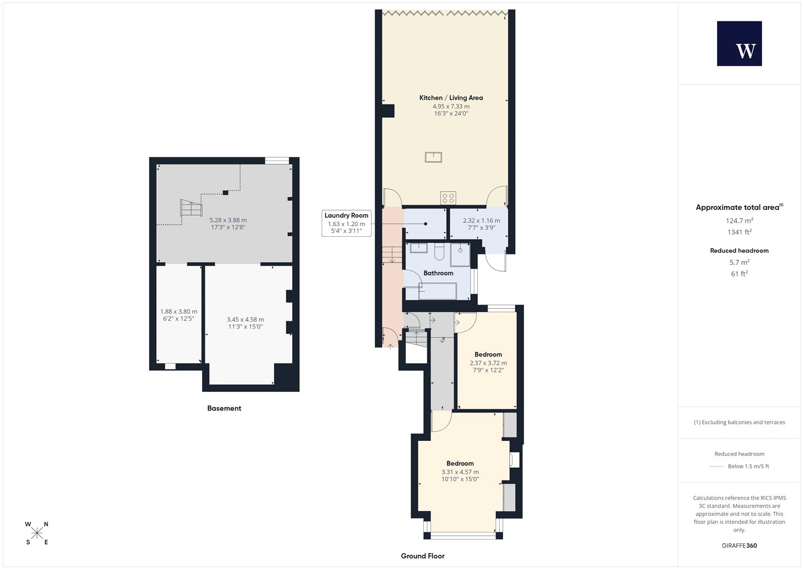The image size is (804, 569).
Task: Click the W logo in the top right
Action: tap(740, 44)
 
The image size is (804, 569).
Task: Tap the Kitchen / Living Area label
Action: tap(451, 98)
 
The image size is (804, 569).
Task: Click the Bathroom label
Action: tap(438, 273)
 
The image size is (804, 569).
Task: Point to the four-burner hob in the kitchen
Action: tap(448, 198)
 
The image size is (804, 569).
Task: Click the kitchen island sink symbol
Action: tap(434, 157)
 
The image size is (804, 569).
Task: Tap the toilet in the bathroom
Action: tap(439, 252)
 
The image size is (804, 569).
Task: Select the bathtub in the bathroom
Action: tap(438, 291)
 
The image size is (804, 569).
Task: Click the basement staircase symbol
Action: tap(191, 207)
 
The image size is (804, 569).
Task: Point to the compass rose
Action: tap(37, 533)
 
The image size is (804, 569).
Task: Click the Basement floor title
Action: tap(224, 408)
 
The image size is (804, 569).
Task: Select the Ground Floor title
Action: tap(423, 556)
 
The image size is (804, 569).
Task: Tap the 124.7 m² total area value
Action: tap(739, 221)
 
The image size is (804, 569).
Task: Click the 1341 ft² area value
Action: tap(739, 232)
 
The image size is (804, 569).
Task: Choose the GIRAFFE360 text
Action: tap(739, 545)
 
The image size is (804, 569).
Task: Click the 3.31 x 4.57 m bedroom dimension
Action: tap(460, 472)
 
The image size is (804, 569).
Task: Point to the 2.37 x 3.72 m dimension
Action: tap(488, 363)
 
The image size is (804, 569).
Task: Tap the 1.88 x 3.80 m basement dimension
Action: tap(179, 312)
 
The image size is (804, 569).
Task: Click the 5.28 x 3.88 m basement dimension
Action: tap(228, 220)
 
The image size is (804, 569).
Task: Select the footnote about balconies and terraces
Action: tap(739, 422)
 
